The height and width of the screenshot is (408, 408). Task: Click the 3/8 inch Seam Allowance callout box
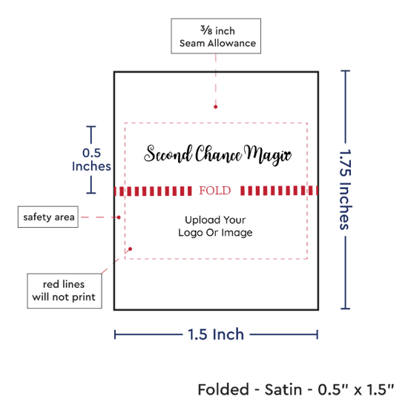point(216,36)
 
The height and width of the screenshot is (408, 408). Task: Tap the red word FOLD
point(215,191)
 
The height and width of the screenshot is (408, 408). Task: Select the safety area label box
point(48,217)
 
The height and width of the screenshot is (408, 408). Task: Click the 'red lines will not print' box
point(65,291)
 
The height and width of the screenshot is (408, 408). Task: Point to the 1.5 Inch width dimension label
point(216,335)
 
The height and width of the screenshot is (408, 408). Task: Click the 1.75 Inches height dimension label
point(346,189)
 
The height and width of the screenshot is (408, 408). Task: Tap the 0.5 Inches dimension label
point(91,159)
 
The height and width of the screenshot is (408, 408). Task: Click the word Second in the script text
point(168,154)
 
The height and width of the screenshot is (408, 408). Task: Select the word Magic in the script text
point(268,155)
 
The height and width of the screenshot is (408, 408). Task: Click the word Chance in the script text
point(219,154)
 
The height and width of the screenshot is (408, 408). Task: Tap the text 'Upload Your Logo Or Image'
point(215,226)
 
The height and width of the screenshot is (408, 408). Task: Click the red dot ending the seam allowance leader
point(215,107)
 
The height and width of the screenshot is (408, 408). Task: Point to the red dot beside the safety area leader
point(119,217)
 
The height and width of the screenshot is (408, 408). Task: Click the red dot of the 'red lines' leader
point(130,249)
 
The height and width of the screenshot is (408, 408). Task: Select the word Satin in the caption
point(283,389)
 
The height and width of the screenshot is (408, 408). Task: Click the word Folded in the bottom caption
point(223,389)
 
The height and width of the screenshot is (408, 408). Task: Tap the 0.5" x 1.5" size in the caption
point(356,389)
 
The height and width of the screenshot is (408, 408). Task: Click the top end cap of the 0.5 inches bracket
point(91,127)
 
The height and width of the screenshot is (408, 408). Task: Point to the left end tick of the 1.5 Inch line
point(115,335)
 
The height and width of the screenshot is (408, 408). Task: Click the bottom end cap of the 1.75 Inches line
point(345,309)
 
